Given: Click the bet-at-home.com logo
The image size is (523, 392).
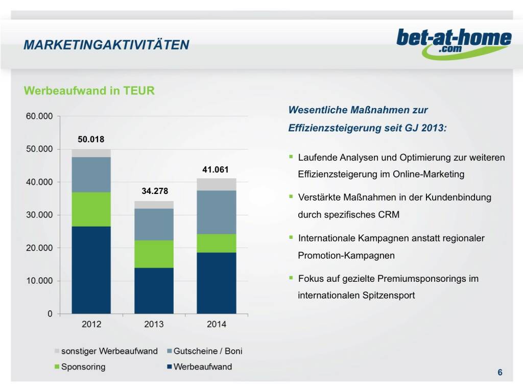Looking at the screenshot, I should [454, 42].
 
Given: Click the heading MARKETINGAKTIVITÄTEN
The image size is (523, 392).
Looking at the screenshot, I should [106, 45].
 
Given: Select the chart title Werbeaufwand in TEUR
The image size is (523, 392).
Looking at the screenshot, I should [89, 91].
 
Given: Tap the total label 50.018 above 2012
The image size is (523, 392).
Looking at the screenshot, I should [90, 139].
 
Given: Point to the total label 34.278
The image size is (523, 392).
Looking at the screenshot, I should [154, 191].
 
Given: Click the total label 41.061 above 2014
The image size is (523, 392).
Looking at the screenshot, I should [216, 169].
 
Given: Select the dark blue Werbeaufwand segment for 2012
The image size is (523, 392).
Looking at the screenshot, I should [91, 269].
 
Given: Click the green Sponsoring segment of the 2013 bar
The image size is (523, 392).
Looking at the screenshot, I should [154, 254].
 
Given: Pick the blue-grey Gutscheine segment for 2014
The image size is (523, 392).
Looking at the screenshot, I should [216, 212].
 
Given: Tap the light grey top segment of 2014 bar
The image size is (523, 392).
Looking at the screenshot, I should [216, 184].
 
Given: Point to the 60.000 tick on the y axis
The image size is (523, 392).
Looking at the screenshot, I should [39, 116].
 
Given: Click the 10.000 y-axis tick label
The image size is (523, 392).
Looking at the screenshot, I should [39, 281].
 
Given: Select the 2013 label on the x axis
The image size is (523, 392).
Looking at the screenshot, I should [154, 324].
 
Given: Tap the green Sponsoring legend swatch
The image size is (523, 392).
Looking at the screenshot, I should [57, 367].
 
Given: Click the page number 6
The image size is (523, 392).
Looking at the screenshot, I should [500, 373].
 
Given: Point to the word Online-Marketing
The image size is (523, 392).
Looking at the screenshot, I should [429, 174].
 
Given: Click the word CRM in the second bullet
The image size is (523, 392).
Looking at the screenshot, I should [389, 214].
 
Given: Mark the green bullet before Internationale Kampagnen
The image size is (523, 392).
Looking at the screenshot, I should [291, 237].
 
